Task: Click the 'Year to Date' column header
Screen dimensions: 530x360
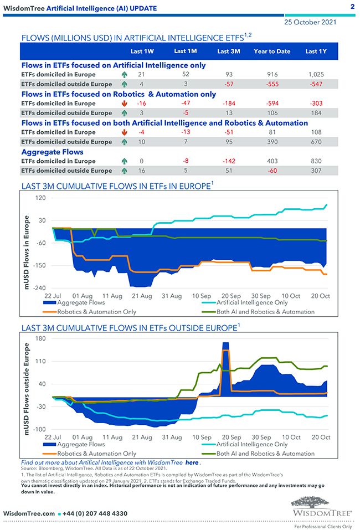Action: (271, 52)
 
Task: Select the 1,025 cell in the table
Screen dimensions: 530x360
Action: (315, 74)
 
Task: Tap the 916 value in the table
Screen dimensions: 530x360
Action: (271, 74)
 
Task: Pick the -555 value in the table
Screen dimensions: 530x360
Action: (271, 84)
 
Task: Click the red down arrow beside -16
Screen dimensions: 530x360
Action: (124, 104)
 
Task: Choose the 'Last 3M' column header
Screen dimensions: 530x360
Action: (228, 52)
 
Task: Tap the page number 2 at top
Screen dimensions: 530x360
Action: (353, 7)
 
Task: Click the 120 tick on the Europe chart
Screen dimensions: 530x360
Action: (40, 198)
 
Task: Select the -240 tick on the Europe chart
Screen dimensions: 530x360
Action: (39, 288)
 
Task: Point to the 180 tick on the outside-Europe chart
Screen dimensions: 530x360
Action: (40, 338)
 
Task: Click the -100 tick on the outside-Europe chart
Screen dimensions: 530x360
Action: (39, 430)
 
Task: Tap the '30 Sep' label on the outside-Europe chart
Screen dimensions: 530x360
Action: (261, 438)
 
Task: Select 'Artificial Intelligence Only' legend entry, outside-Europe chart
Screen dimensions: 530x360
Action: (252, 444)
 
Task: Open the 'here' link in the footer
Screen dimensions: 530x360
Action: (192, 462)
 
